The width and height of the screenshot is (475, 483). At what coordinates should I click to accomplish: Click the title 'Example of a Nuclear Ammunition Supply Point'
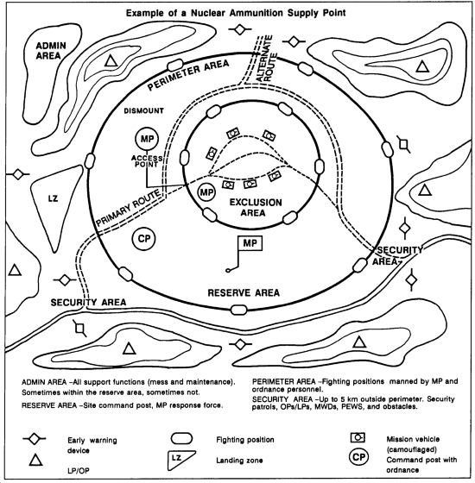point(236,13)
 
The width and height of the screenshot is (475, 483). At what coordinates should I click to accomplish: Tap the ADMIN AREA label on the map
point(51,51)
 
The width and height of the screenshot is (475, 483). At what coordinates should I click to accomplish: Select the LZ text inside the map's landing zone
point(53,198)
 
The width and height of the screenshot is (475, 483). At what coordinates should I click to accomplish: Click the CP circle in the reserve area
point(143,239)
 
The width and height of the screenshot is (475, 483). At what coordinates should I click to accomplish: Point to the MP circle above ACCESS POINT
point(147,139)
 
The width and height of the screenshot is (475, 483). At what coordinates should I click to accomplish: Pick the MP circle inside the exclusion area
point(206,192)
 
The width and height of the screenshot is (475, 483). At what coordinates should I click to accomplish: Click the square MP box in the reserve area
point(250,243)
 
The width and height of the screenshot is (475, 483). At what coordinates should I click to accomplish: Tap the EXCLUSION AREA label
point(256,207)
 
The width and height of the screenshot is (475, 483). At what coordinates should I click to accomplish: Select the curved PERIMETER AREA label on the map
point(188,75)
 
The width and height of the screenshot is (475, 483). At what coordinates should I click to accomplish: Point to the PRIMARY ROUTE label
point(129,208)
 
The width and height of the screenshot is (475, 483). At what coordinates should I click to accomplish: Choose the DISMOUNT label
point(143,111)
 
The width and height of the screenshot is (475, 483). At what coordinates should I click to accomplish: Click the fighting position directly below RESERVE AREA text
point(239,310)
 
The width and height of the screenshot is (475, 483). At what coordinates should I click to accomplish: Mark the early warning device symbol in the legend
point(35,439)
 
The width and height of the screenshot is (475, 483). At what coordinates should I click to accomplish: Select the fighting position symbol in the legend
point(181,439)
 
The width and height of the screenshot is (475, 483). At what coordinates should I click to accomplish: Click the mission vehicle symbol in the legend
point(358,437)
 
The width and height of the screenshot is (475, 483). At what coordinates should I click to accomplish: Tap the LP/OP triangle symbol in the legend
point(35,460)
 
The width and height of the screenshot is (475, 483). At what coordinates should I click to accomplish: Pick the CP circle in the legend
point(358,457)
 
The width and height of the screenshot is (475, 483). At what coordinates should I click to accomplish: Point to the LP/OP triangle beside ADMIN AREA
point(111,60)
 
